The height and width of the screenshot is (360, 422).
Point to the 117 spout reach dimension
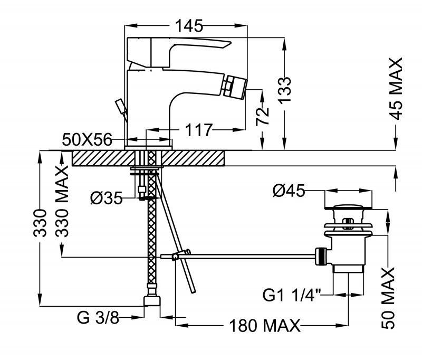(x=198, y=129)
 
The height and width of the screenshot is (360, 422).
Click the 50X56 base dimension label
(x=88, y=140)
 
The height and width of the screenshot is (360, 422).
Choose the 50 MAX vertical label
(x=388, y=299)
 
